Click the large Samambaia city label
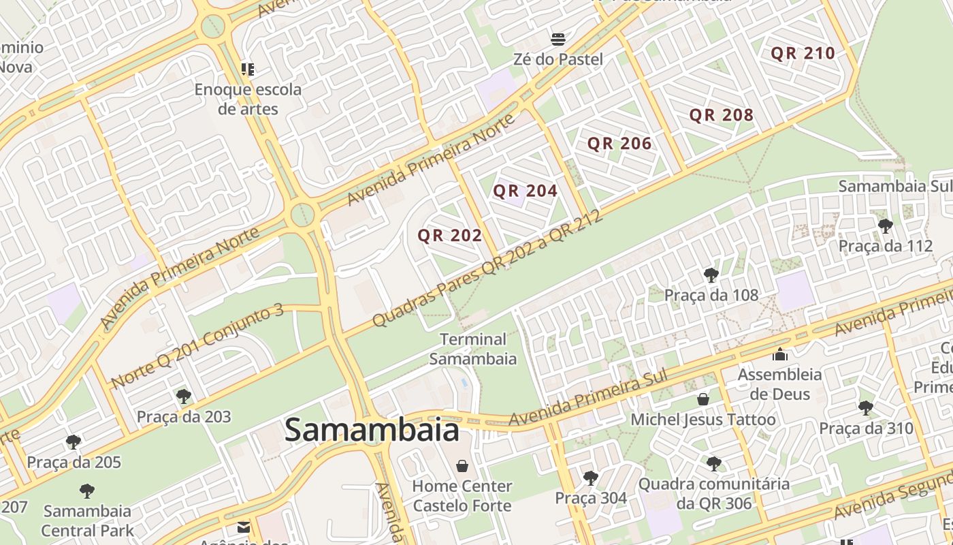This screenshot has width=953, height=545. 372,431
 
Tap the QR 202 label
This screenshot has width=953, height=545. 449,236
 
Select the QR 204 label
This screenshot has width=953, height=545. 525,191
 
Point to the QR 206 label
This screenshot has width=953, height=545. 619,144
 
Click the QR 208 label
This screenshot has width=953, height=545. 722,115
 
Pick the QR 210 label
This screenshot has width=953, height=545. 803,54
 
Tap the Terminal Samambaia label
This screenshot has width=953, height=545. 473,349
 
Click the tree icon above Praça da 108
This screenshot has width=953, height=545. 711,275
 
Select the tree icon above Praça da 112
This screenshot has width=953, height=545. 885,226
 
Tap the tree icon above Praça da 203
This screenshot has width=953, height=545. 183,396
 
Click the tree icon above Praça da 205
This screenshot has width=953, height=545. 74,442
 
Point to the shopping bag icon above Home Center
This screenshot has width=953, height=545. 462,466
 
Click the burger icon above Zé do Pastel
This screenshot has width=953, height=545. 558,39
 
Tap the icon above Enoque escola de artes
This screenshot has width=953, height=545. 248,69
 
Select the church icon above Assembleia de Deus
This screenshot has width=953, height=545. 779,354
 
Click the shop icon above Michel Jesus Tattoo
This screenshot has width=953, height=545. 703,399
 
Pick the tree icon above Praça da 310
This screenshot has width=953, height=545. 865,408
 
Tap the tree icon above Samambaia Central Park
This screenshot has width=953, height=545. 86,490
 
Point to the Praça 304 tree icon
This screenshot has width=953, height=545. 590,478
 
